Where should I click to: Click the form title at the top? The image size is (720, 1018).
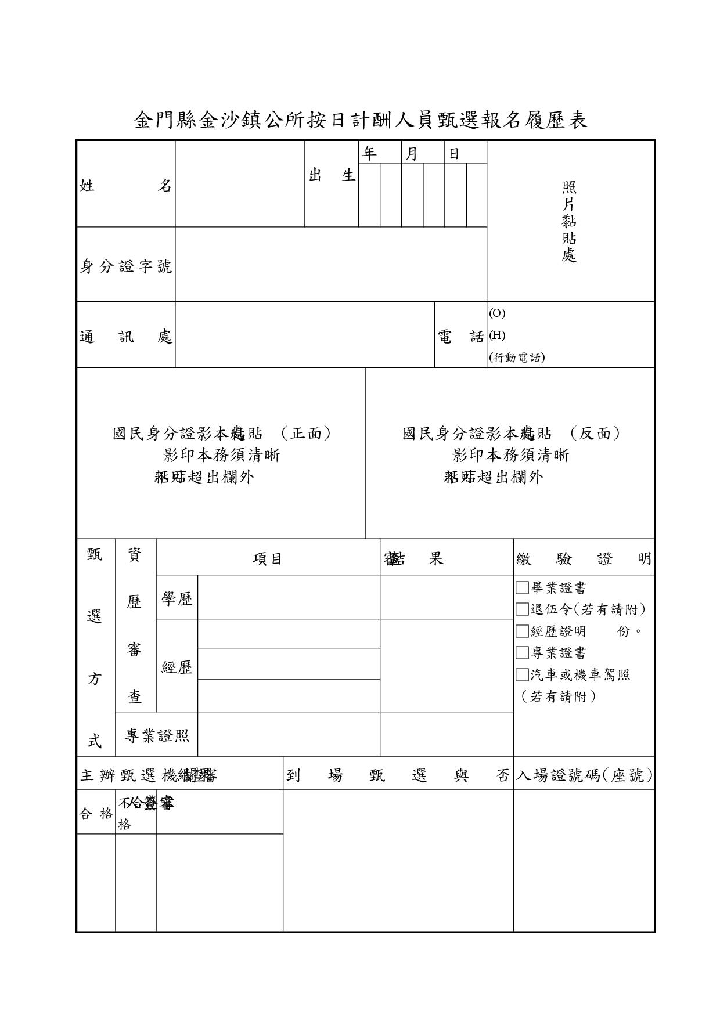[360, 120]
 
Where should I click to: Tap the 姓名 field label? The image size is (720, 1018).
[125, 186]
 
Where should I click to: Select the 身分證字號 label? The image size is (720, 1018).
[125, 266]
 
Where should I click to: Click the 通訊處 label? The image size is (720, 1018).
[125, 337]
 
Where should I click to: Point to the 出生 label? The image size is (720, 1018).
[332, 175]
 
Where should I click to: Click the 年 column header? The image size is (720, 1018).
[369, 153]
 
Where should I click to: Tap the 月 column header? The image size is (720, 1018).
[411, 153]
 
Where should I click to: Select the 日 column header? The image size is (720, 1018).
[454, 153]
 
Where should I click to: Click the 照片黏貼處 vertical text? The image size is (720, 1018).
[569, 221]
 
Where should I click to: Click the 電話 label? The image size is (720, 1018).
[460, 337]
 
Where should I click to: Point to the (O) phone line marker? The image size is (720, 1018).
[497, 313]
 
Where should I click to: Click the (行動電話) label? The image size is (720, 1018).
[517, 358]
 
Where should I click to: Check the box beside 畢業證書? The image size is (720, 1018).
[522, 588]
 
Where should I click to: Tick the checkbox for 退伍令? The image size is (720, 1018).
[522, 609]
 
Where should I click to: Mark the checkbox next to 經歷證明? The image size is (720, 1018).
[522, 631]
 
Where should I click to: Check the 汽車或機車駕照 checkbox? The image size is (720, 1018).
[522, 674]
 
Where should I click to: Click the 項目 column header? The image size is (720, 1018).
[267, 559]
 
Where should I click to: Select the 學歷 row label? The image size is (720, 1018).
[177, 599]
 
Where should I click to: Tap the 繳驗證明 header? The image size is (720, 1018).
[584, 559]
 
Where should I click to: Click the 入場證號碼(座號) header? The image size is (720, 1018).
[584, 775]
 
